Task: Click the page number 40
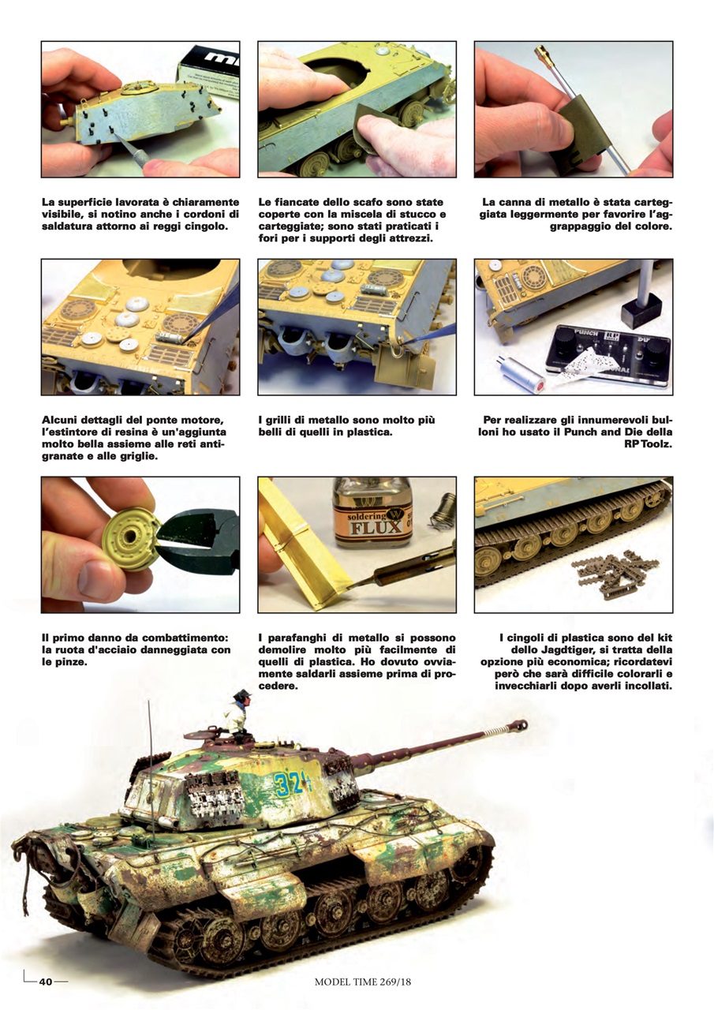[46, 982]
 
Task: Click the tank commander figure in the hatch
[237, 714]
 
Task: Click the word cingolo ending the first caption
[204, 226]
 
